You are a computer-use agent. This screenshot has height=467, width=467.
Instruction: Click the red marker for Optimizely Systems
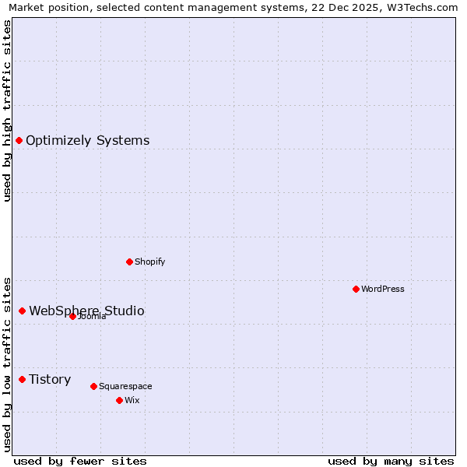click(19, 141)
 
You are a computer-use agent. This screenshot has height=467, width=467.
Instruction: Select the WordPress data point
click(356, 290)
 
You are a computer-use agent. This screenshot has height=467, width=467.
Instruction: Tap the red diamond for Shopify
click(129, 262)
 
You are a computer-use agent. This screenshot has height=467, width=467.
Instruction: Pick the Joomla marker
click(72, 316)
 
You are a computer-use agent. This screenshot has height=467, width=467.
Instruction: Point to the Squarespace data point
click(93, 386)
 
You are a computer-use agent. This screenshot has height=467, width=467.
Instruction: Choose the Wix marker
click(119, 400)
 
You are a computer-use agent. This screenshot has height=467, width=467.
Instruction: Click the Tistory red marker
click(22, 380)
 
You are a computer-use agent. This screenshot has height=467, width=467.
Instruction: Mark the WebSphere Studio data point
click(22, 311)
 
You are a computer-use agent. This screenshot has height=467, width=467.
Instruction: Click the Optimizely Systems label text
click(87, 141)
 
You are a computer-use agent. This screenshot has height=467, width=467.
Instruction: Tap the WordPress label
click(383, 290)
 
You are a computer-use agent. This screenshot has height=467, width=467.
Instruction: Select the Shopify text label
click(150, 262)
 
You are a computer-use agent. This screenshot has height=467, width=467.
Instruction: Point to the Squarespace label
click(125, 386)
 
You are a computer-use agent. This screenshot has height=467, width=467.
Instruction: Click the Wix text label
click(132, 400)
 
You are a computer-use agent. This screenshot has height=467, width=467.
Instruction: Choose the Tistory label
click(50, 380)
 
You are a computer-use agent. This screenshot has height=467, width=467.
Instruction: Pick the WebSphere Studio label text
click(86, 311)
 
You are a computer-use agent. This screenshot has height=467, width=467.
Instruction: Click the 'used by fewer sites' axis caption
click(80, 461)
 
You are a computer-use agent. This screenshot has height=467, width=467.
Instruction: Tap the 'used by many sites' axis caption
click(391, 461)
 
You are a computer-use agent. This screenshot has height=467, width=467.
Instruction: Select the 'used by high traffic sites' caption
click(8, 111)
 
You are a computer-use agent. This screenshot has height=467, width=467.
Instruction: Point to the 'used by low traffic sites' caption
click(8, 363)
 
